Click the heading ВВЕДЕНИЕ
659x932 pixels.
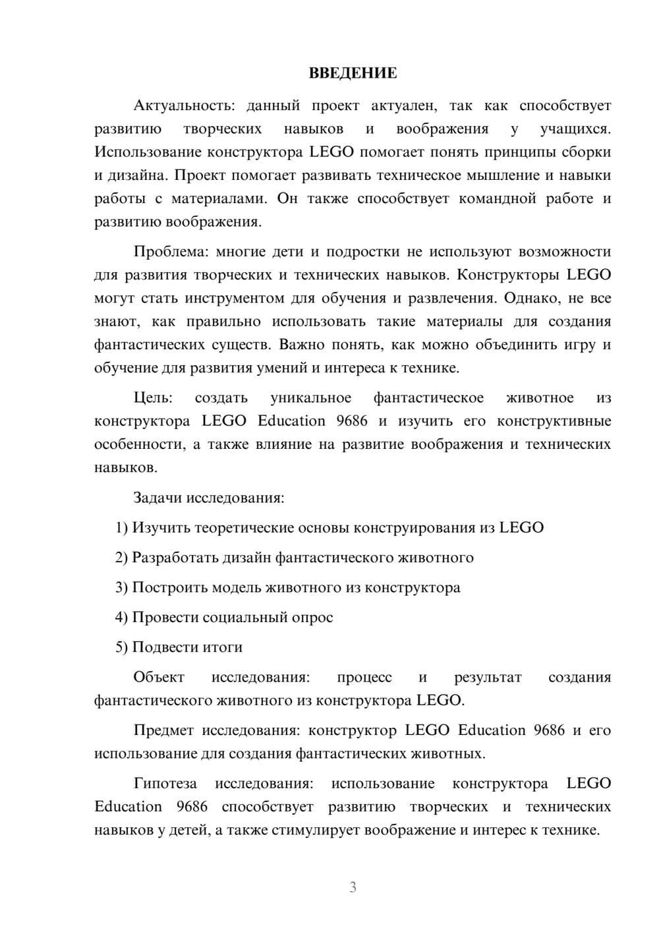353,73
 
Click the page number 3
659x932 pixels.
353,887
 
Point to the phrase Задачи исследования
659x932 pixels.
208,498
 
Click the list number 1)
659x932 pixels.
122,528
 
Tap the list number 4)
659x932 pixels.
122,618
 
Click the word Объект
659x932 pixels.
159,678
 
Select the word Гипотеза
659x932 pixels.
165,784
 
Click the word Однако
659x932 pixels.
530,298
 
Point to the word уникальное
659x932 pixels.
310,398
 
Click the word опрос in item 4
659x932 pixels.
314,618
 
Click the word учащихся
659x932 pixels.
575,129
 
